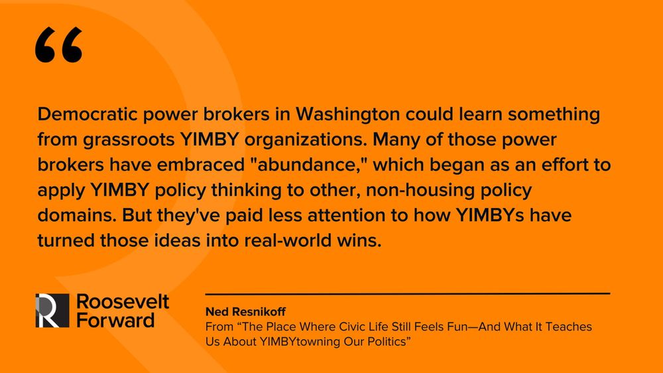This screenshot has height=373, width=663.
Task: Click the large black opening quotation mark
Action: click(x=58, y=45)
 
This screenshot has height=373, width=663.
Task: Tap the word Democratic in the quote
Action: click(x=88, y=114)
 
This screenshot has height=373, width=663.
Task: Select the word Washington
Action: click(x=347, y=115)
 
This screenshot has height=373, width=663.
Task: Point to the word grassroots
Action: click(x=129, y=140)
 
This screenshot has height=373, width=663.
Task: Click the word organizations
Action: click(x=306, y=140)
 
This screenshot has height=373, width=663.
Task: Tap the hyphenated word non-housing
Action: click(x=420, y=190)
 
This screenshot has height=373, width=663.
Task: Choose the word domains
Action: click(x=77, y=215)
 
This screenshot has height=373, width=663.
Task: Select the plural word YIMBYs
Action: click(x=490, y=215)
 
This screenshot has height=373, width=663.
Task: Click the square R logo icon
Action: click(x=52, y=311)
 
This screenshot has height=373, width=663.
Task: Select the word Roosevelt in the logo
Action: click(x=123, y=301)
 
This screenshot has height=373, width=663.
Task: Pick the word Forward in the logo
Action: click(x=115, y=320)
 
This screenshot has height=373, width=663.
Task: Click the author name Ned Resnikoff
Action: click(x=245, y=312)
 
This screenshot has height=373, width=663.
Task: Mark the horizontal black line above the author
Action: click(x=408, y=293)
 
